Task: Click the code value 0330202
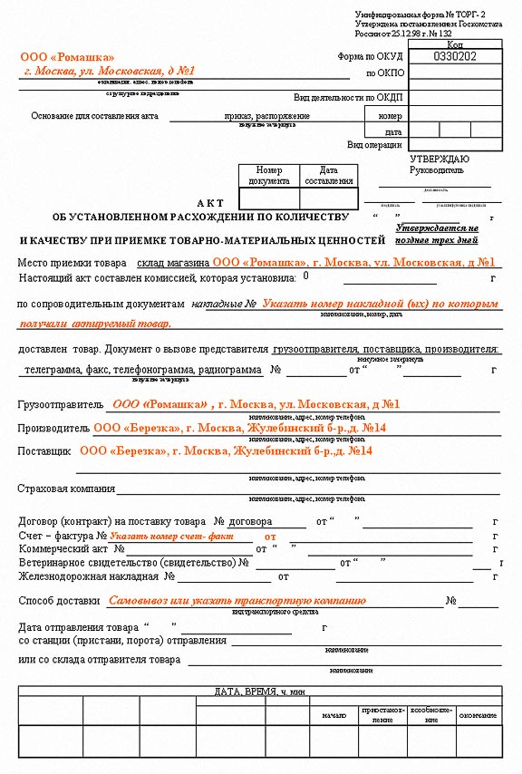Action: coord(455,56)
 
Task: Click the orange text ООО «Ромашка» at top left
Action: coord(61,57)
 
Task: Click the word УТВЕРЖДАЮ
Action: coord(440,159)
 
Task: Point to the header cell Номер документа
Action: coord(268,176)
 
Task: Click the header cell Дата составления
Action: coord(329,176)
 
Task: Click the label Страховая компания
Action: coord(66,489)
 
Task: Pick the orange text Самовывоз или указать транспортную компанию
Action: coord(237,600)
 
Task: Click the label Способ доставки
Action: coord(59,601)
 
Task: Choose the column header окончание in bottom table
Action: coord(477,715)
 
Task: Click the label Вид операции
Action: coord(374,144)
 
